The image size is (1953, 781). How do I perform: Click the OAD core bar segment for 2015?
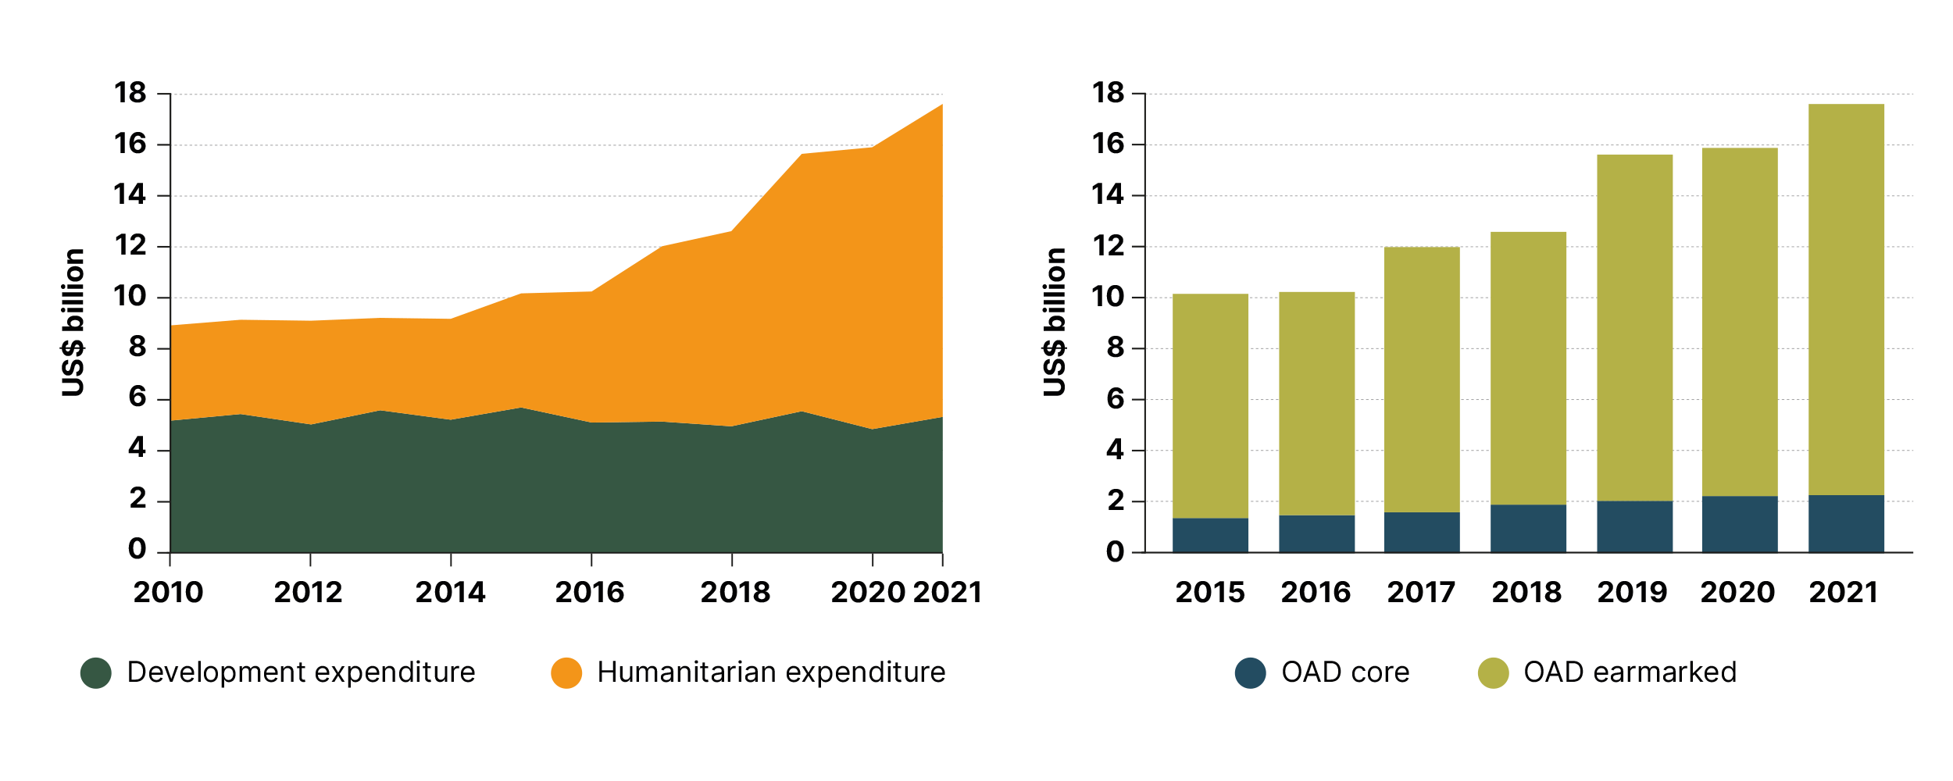(x=1210, y=535)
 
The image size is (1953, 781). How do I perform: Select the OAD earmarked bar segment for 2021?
(x=1846, y=299)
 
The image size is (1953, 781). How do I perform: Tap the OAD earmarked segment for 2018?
(x=1528, y=368)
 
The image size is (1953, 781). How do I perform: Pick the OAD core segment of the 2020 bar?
(x=1740, y=524)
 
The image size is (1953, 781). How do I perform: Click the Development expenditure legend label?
(x=301, y=672)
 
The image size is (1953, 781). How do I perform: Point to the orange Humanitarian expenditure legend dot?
(x=566, y=673)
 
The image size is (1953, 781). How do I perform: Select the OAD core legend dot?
(x=1250, y=673)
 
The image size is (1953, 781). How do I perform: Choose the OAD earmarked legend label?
(x=1630, y=672)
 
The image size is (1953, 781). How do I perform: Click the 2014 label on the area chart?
(x=450, y=592)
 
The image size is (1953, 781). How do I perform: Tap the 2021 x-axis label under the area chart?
(x=947, y=592)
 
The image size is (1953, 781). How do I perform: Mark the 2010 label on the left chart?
(x=168, y=592)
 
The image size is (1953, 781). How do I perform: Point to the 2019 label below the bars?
(x=1632, y=592)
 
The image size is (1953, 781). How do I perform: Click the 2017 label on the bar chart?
(x=1421, y=592)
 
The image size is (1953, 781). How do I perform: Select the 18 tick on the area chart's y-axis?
(x=130, y=93)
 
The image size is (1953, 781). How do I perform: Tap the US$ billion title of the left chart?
(x=73, y=323)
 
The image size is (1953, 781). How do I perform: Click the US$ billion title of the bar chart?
(x=1054, y=323)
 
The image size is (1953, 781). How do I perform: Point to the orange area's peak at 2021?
(x=940, y=107)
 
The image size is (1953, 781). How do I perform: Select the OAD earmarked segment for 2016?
(x=1316, y=404)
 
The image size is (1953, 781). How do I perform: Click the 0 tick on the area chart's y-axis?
(x=137, y=549)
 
